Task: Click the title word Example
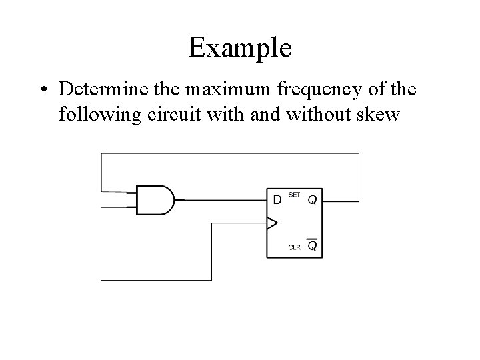tap(239, 48)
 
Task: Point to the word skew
tap(375, 115)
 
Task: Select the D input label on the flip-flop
tap(277, 199)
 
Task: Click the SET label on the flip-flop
tap(295, 195)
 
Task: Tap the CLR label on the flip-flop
tap(294, 247)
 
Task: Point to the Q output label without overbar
tap(311, 199)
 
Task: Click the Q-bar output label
tap(311, 247)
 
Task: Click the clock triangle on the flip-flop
tap(271, 223)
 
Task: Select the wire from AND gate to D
tap(220, 199)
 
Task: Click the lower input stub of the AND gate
tap(119, 207)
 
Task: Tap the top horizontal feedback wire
tap(230, 153)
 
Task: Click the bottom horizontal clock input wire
tap(157, 281)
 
